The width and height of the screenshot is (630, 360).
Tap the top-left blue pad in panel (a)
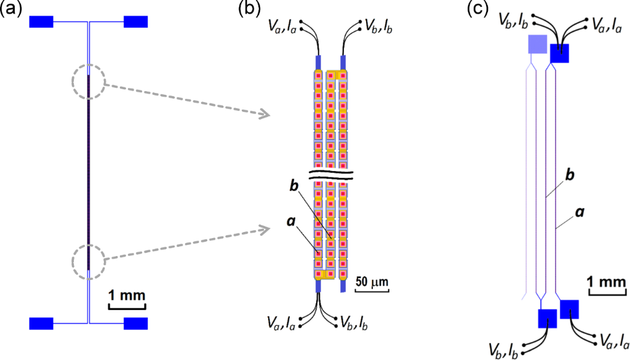[42, 22]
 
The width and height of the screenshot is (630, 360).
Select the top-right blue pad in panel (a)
[135, 22]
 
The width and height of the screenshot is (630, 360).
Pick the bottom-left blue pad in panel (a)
[42, 323]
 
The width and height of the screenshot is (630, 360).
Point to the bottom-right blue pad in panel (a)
[135, 323]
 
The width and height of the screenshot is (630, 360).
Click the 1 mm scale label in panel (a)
[127, 294]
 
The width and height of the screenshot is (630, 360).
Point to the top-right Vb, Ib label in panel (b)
[378, 25]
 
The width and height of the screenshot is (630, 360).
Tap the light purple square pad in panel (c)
[537, 44]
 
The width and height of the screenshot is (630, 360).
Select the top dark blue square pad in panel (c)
[560, 54]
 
